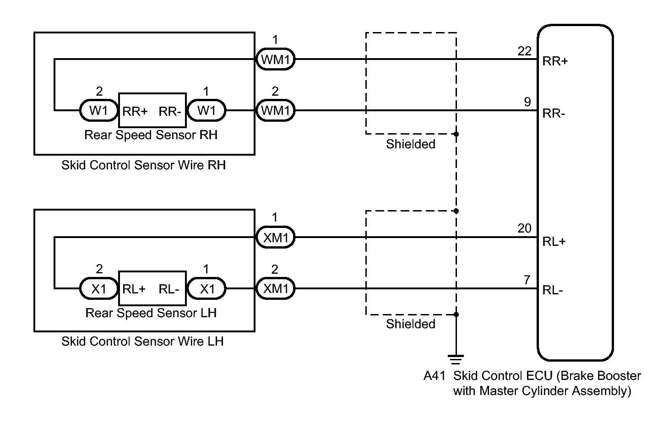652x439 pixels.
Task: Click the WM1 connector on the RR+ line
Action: [x=275, y=60]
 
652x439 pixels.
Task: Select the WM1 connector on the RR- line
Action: [x=275, y=111]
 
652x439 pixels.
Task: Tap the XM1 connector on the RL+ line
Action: [x=275, y=238]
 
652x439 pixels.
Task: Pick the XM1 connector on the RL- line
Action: [x=275, y=289]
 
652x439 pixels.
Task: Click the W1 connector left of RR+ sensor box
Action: [x=99, y=111]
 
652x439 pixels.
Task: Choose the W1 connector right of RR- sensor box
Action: [x=206, y=111]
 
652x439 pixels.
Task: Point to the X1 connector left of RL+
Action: [x=99, y=289]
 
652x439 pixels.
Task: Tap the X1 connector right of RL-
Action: [x=206, y=289]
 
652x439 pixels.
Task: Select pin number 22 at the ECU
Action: [x=525, y=51]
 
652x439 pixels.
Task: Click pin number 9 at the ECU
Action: [x=527, y=102]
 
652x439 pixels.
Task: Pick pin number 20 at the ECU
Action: [x=525, y=228]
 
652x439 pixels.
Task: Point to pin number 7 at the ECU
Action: [x=527, y=280]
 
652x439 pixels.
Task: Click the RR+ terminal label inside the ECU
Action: [x=555, y=61]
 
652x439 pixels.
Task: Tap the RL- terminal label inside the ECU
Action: [x=553, y=290]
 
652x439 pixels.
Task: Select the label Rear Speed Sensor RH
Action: [x=151, y=135]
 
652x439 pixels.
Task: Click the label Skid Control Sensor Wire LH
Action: [x=142, y=341]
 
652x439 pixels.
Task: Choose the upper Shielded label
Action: [x=411, y=144]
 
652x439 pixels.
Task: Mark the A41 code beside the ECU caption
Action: [x=435, y=376]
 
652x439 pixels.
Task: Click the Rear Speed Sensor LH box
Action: [x=152, y=288]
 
